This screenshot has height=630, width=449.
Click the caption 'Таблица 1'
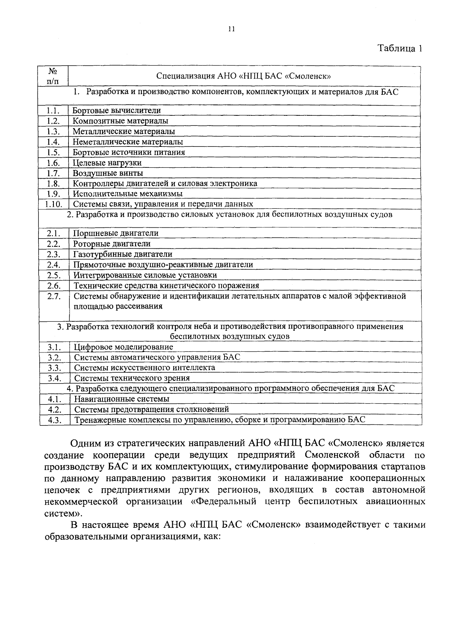(400, 48)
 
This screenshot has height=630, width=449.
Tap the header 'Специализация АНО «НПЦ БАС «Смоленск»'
(244, 76)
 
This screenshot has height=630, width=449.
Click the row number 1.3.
(54, 131)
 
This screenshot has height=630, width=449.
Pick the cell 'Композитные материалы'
(120, 121)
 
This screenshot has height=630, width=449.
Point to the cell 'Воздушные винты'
(108, 173)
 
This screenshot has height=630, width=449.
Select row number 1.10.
(54, 204)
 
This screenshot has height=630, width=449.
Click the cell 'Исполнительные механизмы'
(128, 194)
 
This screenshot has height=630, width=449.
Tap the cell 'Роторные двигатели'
(112, 244)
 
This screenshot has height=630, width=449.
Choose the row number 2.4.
(54, 265)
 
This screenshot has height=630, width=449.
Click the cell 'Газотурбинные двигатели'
(123, 254)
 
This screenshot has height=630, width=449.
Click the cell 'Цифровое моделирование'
(123, 347)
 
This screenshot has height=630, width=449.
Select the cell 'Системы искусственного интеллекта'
(144, 367)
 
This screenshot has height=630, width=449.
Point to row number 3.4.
(54, 378)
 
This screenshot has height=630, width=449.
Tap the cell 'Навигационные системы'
(122, 399)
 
